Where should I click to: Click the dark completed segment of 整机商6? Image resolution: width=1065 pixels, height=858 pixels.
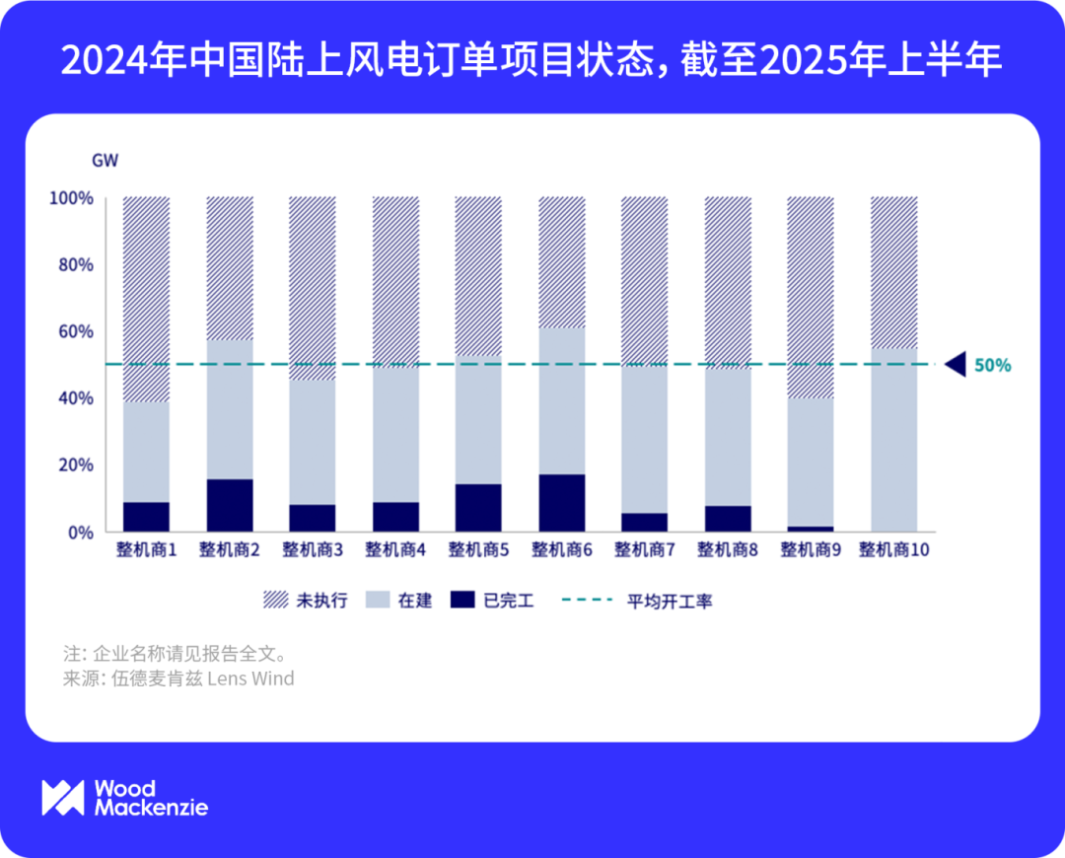pos(562,503)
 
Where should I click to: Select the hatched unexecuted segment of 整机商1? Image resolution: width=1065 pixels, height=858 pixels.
pos(146,299)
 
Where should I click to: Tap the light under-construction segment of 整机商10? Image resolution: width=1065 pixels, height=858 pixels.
pos(894,439)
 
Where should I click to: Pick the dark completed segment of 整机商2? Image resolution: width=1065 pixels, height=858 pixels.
pos(230,505)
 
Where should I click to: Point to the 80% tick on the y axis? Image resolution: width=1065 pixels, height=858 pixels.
pos(71,264)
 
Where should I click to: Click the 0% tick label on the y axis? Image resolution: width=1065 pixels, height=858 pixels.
pos(77,532)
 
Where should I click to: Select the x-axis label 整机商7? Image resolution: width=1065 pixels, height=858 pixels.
pos(645,550)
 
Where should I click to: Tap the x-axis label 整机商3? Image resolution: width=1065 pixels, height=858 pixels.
pos(313,550)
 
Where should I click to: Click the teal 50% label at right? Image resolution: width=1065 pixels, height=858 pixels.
pos(992,365)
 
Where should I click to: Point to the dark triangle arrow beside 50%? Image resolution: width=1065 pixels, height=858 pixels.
pos(955,365)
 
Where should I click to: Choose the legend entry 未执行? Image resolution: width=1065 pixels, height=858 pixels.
pos(305,601)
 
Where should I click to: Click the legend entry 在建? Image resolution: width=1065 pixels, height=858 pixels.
pos(398,601)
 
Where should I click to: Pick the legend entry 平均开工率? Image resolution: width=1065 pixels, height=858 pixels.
pos(636,601)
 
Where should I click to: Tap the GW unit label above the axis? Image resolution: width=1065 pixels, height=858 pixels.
pos(105,161)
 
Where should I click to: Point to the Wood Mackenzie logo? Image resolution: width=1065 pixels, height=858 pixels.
pos(124,798)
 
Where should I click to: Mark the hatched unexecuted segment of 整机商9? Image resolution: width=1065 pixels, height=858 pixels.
pos(811,297)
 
